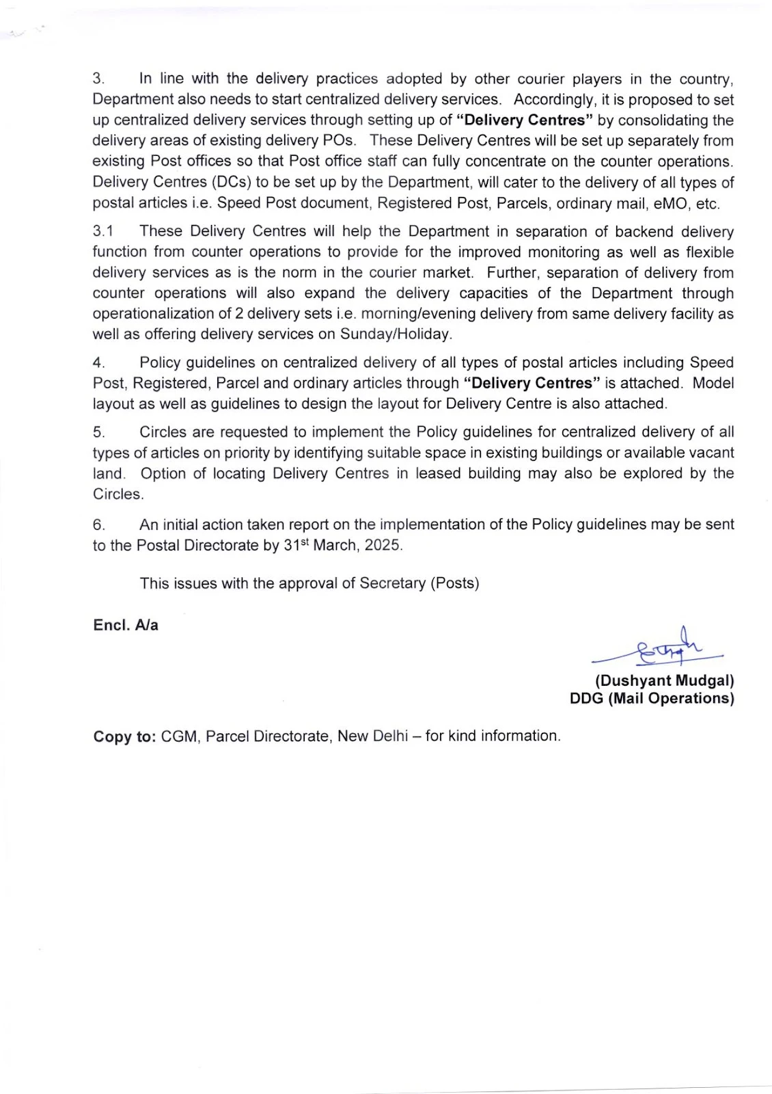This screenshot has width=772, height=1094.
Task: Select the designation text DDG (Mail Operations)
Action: click(x=652, y=698)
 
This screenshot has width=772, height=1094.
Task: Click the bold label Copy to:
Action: click(x=125, y=736)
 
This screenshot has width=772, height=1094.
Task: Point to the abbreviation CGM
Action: click(x=179, y=736)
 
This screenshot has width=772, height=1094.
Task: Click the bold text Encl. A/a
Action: click(x=126, y=625)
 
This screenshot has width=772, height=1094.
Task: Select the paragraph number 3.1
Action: click(x=103, y=232)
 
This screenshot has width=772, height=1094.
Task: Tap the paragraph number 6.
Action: click(x=98, y=525)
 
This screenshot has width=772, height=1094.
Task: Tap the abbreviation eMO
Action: click(x=673, y=203)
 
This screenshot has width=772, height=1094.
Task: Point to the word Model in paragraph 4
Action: click(x=713, y=383)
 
